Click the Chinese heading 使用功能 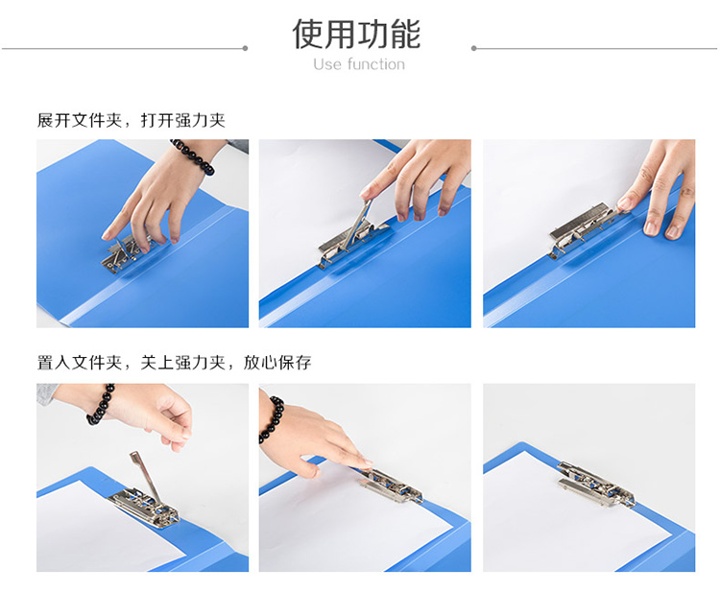356,34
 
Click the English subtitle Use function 359,64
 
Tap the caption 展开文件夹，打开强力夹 132,120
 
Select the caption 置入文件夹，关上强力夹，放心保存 174,363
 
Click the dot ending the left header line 245,48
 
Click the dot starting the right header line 474,48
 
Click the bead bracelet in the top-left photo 195,156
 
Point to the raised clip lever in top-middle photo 356,225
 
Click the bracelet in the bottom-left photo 101,405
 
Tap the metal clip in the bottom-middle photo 391,485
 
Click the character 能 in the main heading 405,34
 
